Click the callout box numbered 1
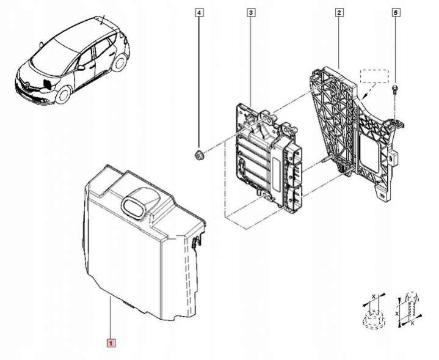tap(111, 343)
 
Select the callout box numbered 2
tap(339, 12)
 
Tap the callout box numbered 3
tap(251, 12)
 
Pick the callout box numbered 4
tap(199, 12)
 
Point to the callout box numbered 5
tap(395, 12)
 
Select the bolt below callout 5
tap(395, 90)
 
